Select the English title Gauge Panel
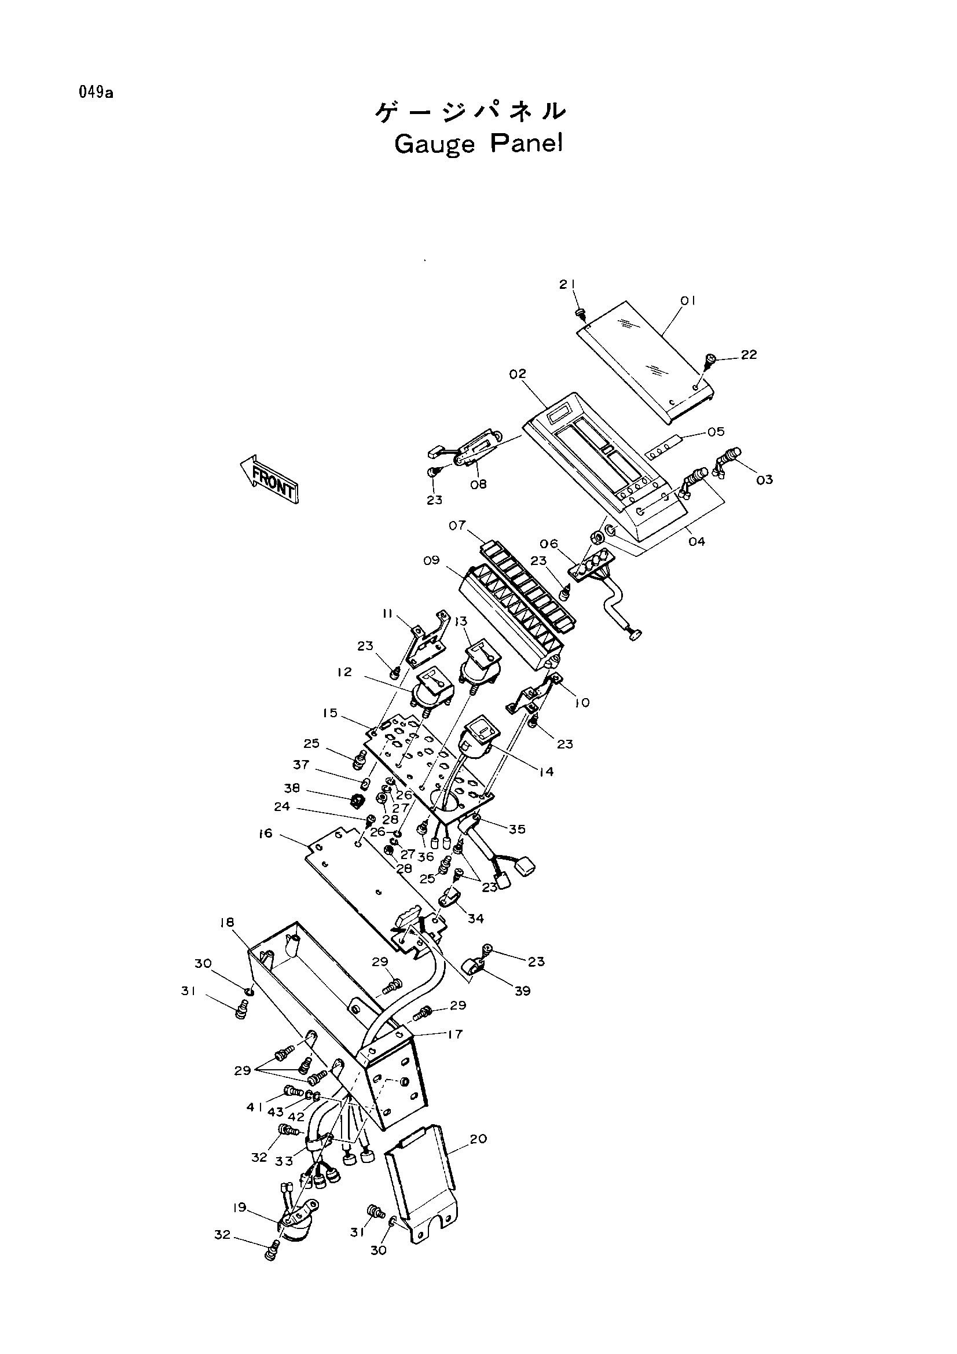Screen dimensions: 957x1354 click(478, 144)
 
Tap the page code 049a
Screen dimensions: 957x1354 click(95, 93)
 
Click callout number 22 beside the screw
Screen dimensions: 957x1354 click(749, 355)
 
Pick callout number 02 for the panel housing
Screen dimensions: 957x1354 click(518, 374)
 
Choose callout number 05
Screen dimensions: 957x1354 click(716, 432)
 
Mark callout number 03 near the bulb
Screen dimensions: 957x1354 click(764, 480)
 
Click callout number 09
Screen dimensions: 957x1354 click(432, 560)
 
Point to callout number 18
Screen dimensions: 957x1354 click(227, 922)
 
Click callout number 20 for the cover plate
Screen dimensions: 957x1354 click(479, 1139)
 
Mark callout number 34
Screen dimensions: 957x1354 click(475, 918)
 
